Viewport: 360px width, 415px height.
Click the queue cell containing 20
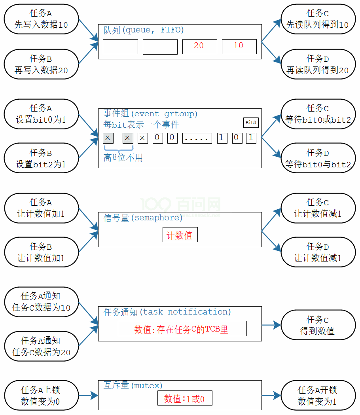tap(199, 47)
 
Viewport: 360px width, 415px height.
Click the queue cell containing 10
tap(239, 47)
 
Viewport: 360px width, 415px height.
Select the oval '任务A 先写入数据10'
tap(41, 19)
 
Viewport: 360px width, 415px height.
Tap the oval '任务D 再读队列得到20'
tap(318, 64)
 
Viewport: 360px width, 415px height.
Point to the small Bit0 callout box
tap(251, 123)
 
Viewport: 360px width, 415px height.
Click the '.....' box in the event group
tap(197, 138)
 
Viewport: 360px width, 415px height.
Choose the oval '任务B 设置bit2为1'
tap(41, 158)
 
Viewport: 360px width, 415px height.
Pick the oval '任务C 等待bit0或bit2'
tap(318, 114)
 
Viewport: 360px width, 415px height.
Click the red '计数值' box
tap(180, 235)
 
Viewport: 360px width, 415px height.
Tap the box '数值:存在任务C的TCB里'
tap(182, 329)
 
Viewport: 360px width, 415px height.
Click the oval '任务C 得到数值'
tap(318, 325)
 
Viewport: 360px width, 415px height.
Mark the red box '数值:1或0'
tap(185, 398)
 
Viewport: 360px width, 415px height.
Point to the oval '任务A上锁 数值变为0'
tap(41, 396)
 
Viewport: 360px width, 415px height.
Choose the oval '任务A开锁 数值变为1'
tap(318, 396)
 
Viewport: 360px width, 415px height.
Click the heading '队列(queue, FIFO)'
tap(144, 30)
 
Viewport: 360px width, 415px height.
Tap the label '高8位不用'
tap(123, 158)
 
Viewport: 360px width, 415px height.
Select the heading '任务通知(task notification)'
tap(167, 312)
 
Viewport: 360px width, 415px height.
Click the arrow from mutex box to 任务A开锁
tap(271, 395)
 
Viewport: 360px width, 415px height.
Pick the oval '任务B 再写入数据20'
tap(41, 64)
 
